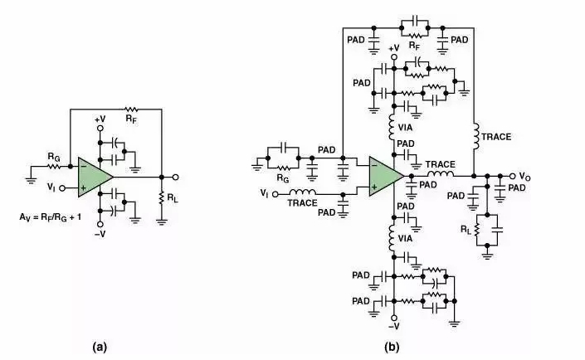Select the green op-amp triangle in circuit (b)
(385, 176)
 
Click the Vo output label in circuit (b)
(526, 177)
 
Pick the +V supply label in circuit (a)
(100, 119)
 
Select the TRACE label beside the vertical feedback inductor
(496, 136)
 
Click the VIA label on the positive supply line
(410, 129)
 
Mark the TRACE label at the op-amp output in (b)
(440, 164)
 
